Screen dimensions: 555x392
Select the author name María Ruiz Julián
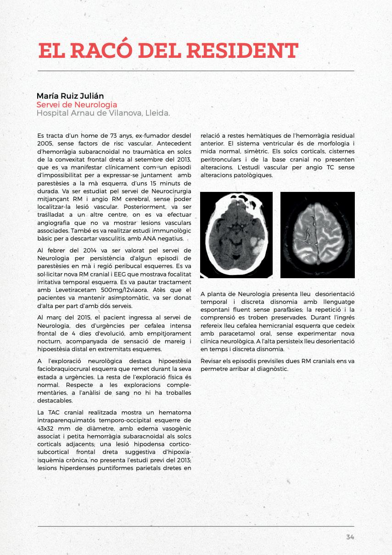pos(70,96)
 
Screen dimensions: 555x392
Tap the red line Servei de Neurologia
pos(77,105)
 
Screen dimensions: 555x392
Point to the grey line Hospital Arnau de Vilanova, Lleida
pos(103,113)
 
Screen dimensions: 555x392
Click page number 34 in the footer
pos(350,537)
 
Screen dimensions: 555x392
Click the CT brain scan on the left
pos(236,235)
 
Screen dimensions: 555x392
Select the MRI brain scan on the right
pos(318,235)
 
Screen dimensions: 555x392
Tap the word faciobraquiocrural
pos(63,368)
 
